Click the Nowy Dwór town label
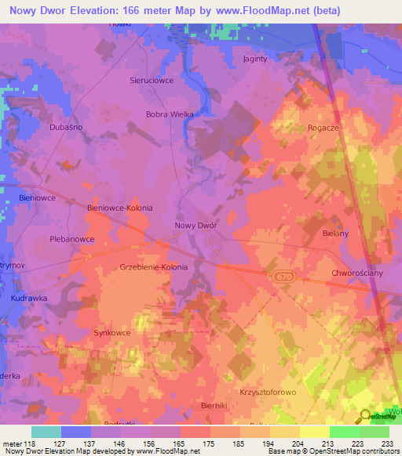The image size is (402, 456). (195, 226)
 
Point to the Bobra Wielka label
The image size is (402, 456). (170, 114)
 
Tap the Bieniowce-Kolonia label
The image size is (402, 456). (119, 208)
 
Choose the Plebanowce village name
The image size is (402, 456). (72, 239)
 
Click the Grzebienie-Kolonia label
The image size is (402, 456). (154, 267)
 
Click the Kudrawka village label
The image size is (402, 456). (29, 299)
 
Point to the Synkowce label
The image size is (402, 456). (112, 333)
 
